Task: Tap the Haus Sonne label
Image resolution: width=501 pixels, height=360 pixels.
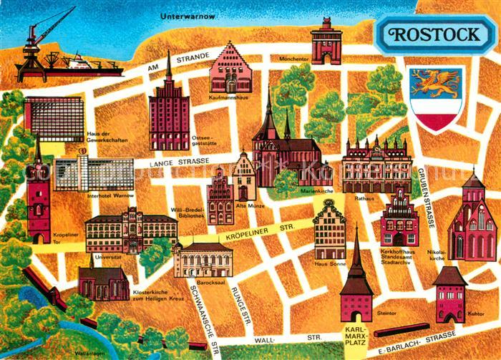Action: point(330,263)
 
